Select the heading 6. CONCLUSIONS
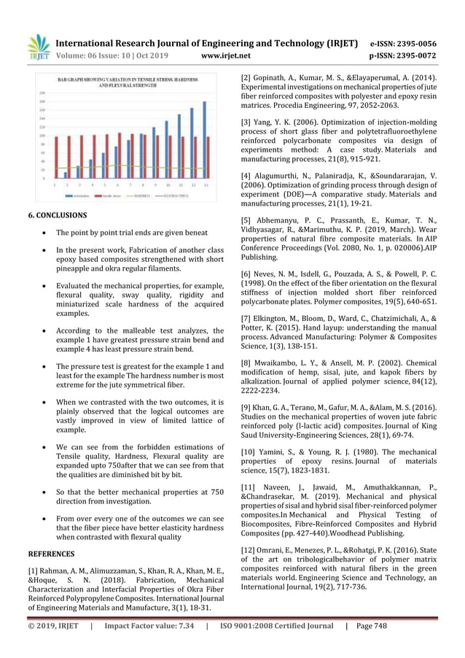[57, 216]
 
